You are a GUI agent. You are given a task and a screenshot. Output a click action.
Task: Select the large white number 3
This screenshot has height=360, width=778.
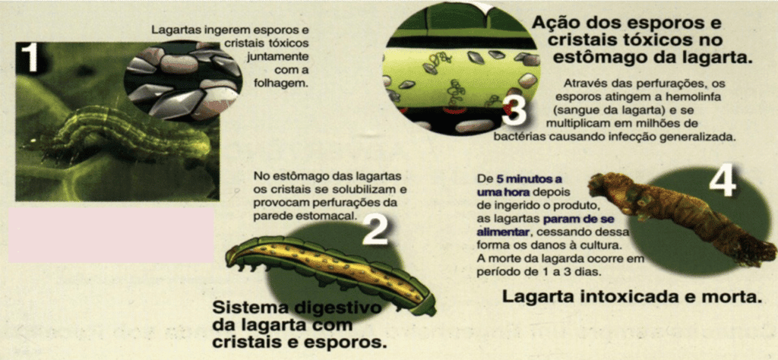(514, 111)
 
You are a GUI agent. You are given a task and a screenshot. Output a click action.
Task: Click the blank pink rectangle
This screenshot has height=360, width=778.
(111, 235)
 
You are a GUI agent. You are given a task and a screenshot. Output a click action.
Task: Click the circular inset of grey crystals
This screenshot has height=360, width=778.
(182, 81)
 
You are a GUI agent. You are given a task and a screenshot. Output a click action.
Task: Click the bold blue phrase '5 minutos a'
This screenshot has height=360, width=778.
(525, 178)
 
